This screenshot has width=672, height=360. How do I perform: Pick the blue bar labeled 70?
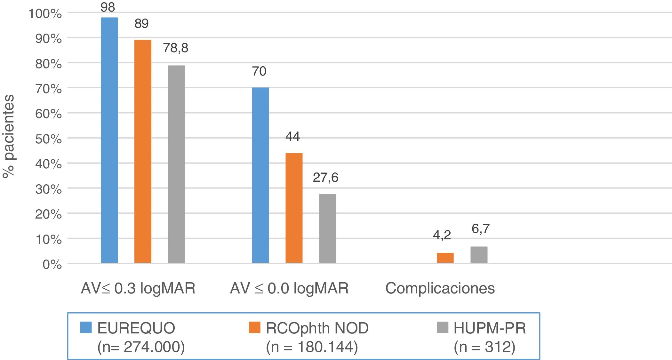pyautogui.click(x=260, y=175)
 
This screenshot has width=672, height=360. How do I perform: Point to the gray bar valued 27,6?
pyautogui.click(x=328, y=228)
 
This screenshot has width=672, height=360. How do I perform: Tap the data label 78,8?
pyautogui.click(x=176, y=48)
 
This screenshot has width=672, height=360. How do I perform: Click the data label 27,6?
pyautogui.click(x=325, y=177)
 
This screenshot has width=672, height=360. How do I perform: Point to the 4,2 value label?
pyautogui.click(x=442, y=235)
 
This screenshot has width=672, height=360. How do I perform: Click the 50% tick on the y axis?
pyautogui.click(x=49, y=139)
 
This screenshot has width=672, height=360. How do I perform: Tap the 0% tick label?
pyautogui.click(x=52, y=264)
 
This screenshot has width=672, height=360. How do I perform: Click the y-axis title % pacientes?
pyautogui.click(x=9, y=136)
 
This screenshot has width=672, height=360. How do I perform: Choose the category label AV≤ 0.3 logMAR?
pyautogui.click(x=138, y=288)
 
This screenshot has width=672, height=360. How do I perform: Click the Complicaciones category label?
pyautogui.click(x=440, y=288)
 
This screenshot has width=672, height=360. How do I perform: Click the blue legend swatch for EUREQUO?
pyautogui.click(x=86, y=327)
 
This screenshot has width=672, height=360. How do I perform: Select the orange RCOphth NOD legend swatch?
pyautogui.click(x=254, y=327)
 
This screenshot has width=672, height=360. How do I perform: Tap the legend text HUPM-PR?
pyautogui.click(x=490, y=328)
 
